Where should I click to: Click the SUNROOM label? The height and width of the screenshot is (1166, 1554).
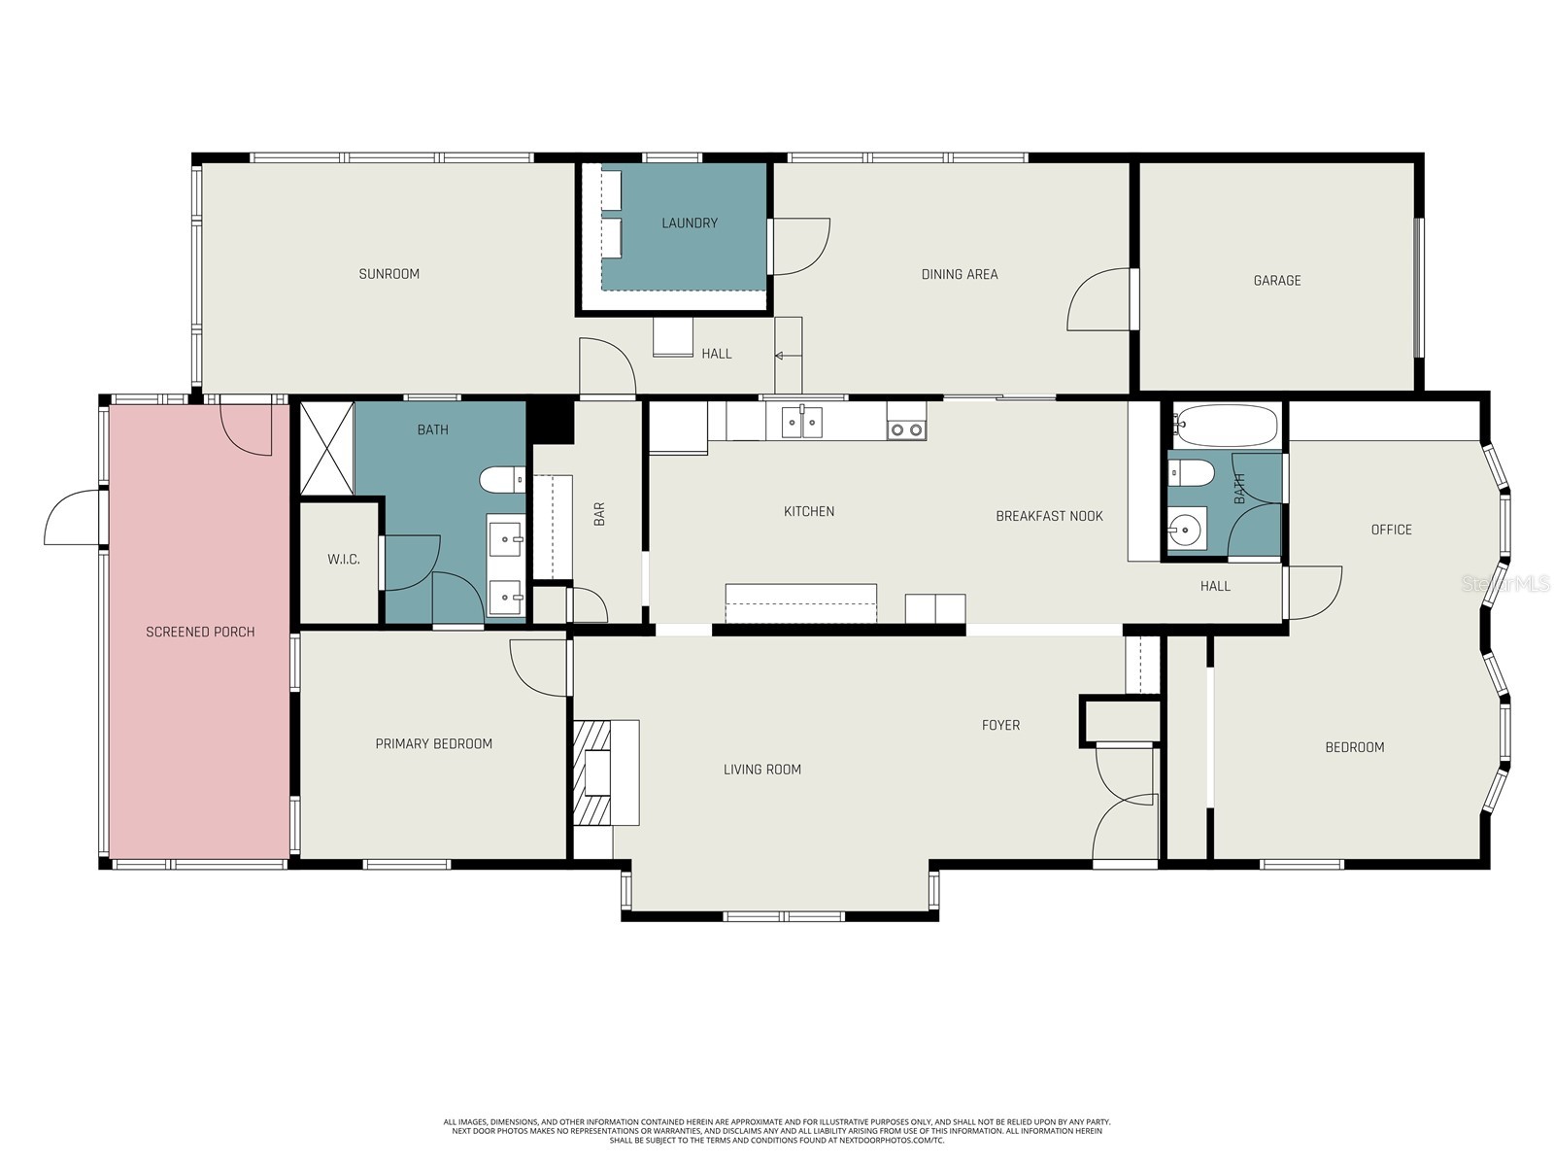[388, 274]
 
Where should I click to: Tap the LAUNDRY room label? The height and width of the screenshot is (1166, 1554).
[690, 223]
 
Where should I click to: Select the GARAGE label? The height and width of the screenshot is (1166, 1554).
[1276, 281]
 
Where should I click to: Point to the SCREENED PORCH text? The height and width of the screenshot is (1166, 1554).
[200, 632]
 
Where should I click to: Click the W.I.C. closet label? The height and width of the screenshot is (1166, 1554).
[343, 560]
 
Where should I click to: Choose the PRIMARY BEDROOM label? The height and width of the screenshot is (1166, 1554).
[433, 744]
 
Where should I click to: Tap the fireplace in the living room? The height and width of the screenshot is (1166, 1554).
[596, 773]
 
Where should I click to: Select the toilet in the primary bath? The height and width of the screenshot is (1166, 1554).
[502, 479]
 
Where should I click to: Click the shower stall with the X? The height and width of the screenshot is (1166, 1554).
[327, 448]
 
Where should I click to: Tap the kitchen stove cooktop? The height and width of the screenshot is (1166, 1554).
[906, 429]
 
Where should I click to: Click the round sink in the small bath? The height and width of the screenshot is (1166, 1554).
[1186, 530]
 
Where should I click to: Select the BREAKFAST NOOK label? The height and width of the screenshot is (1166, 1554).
[1049, 516]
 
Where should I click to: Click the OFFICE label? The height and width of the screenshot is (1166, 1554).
[1391, 530]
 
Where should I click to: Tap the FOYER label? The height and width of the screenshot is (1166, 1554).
[1000, 725]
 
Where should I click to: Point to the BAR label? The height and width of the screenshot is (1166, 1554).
[599, 514]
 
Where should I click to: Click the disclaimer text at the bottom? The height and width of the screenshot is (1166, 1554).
[777, 1131]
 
